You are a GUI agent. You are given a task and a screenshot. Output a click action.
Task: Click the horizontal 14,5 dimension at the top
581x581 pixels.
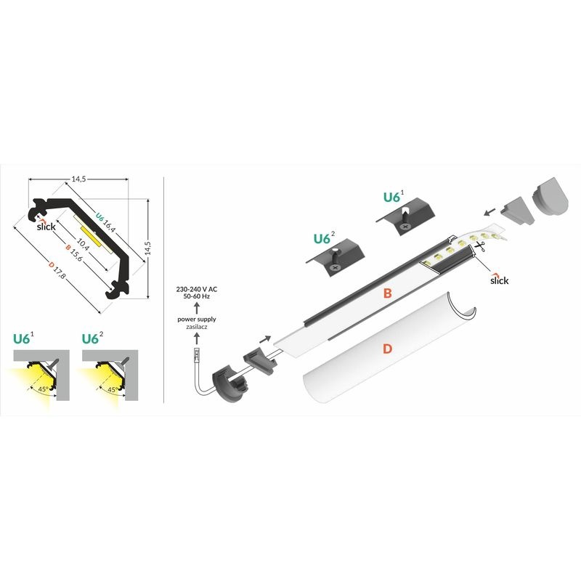78,179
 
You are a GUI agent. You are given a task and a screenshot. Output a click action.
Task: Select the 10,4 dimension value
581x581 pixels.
83,244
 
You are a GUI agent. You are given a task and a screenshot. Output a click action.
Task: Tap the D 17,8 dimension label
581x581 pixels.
57,271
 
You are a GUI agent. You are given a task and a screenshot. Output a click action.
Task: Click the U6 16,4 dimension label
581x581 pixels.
105,222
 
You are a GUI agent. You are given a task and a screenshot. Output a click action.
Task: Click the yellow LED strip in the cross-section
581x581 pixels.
90,237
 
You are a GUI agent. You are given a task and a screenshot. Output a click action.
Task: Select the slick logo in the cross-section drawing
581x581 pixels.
46,226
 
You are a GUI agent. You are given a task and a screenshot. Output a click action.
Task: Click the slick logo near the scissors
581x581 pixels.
499,280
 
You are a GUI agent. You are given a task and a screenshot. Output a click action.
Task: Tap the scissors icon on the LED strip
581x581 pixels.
481,247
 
